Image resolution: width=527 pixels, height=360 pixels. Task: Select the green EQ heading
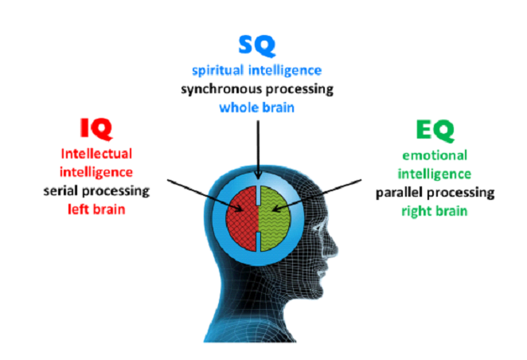435,131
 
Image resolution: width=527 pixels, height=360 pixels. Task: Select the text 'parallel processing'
435,193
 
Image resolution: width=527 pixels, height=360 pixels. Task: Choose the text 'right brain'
435,211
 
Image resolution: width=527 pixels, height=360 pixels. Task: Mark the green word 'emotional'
435,157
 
